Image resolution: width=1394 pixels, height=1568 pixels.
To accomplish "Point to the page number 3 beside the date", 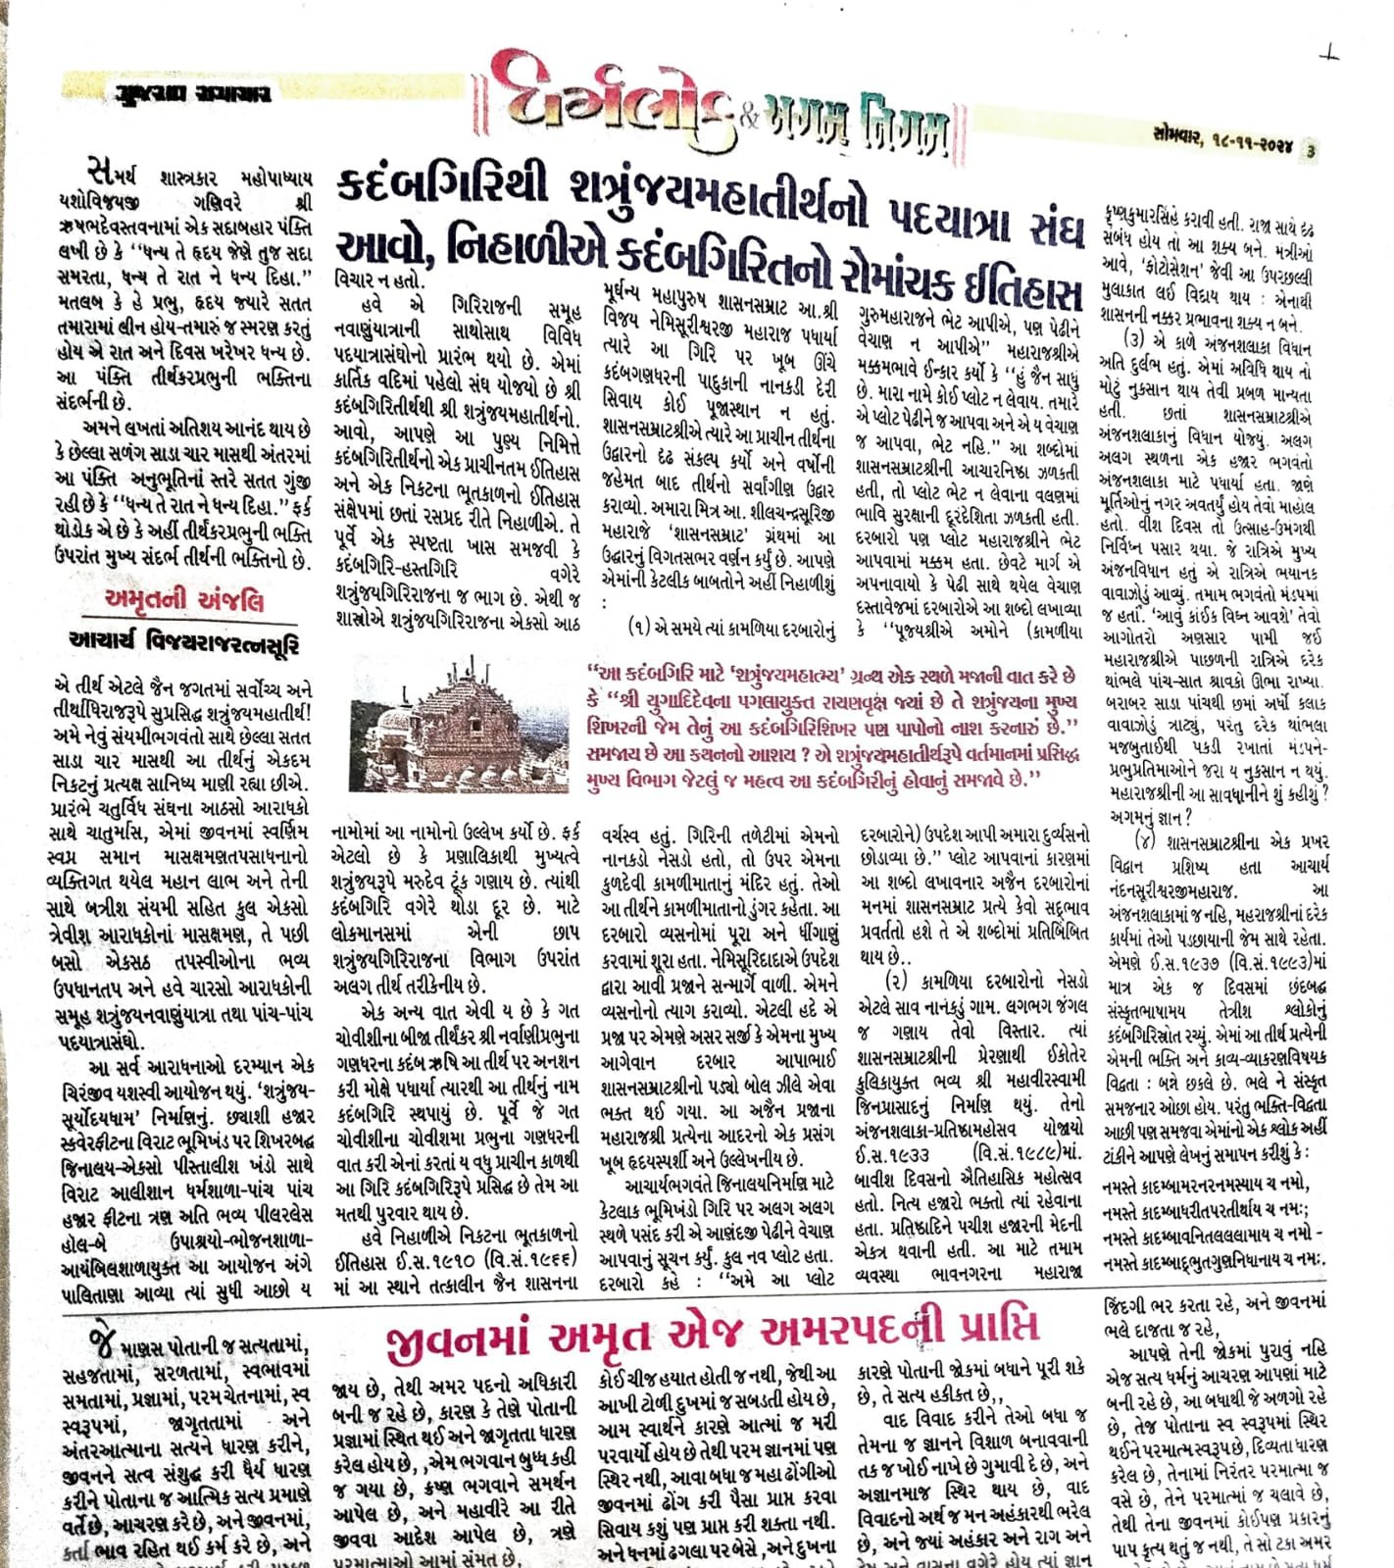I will click(1311, 150).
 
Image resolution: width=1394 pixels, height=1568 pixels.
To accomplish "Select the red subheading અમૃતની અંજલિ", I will click(183, 599).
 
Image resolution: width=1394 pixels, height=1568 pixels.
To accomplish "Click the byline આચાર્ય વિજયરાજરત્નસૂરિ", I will click(184, 642).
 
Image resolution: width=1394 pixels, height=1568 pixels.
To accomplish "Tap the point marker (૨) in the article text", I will click(896, 981).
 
